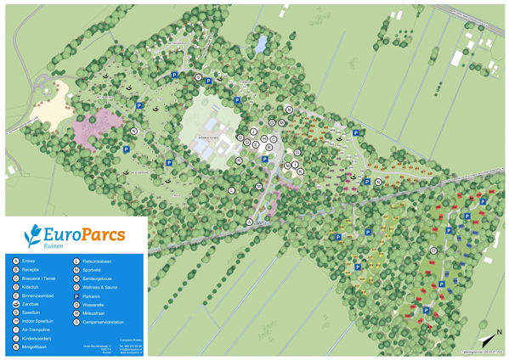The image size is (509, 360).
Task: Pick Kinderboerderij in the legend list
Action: [x=39, y=337]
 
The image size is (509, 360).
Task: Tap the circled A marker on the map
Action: [x=250, y=222]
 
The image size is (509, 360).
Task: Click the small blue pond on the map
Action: [x=261, y=40]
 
